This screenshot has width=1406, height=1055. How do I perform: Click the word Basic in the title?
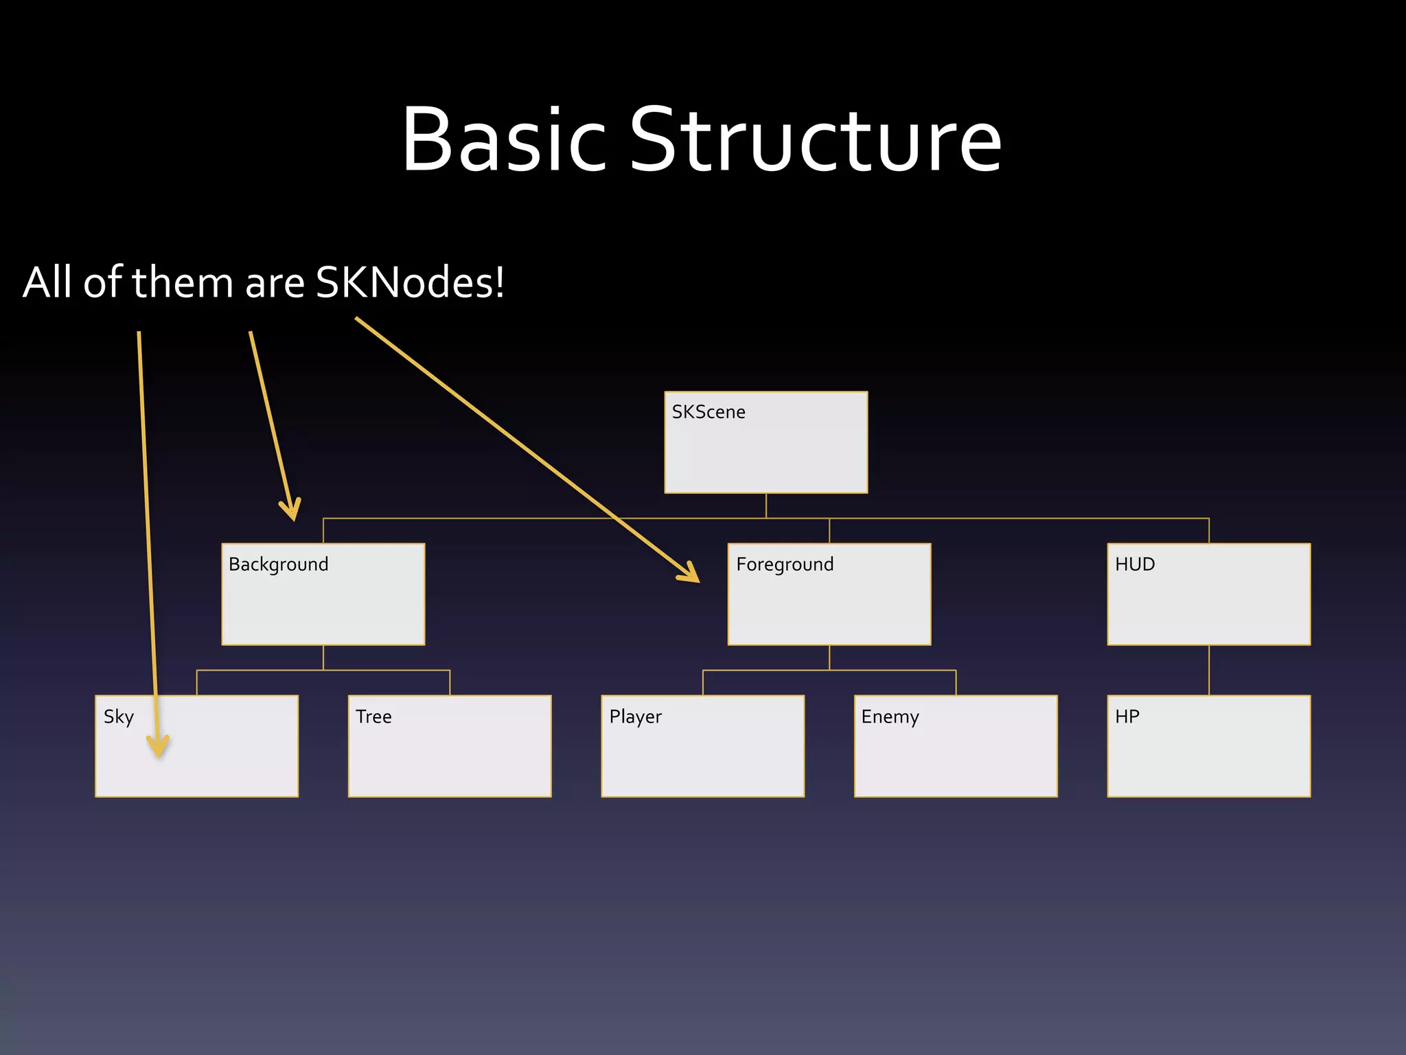[x=504, y=140]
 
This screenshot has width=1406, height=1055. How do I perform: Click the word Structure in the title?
[x=816, y=140]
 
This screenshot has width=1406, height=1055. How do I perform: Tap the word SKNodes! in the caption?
[x=410, y=282]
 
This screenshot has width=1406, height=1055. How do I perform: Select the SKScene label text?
[x=708, y=412]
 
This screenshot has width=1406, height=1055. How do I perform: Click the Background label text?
[x=278, y=565]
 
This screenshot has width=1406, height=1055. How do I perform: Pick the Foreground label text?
[x=784, y=565]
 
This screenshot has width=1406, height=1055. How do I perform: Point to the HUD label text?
[x=1134, y=565]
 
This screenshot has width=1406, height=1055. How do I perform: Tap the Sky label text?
[x=118, y=717]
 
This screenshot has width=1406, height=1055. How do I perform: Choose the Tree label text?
[x=373, y=717]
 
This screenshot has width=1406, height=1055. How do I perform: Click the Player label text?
[x=635, y=717]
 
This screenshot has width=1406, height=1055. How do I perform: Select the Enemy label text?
[x=890, y=717]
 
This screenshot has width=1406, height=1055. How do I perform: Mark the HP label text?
[x=1127, y=717]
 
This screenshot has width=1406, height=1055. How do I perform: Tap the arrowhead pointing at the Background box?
[x=291, y=510]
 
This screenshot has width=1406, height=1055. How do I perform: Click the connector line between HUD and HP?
[x=1208, y=670]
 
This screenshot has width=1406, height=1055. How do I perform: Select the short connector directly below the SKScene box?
[x=766, y=506]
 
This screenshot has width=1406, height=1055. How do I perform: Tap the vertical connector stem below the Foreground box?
[x=829, y=657]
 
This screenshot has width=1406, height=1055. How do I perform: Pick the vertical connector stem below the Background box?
[x=323, y=657]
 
